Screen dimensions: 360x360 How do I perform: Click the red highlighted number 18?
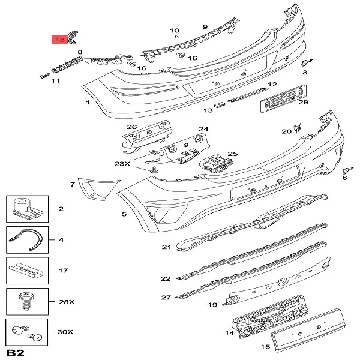[60, 40]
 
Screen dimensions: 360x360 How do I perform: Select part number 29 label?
[304, 103]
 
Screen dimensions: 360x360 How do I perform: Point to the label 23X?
[122, 163]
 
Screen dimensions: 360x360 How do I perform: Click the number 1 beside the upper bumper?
[88, 103]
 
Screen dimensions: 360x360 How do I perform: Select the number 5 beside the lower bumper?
[124, 214]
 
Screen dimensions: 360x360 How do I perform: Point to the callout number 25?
[233, 154]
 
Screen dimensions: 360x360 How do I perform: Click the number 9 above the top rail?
[205, 26]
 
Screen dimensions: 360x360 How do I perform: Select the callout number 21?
[166, 247]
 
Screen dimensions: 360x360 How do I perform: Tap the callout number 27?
[166, 296]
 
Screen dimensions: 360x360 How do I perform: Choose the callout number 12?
[272, 85]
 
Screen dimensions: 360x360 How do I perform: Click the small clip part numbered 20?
[298, 127]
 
